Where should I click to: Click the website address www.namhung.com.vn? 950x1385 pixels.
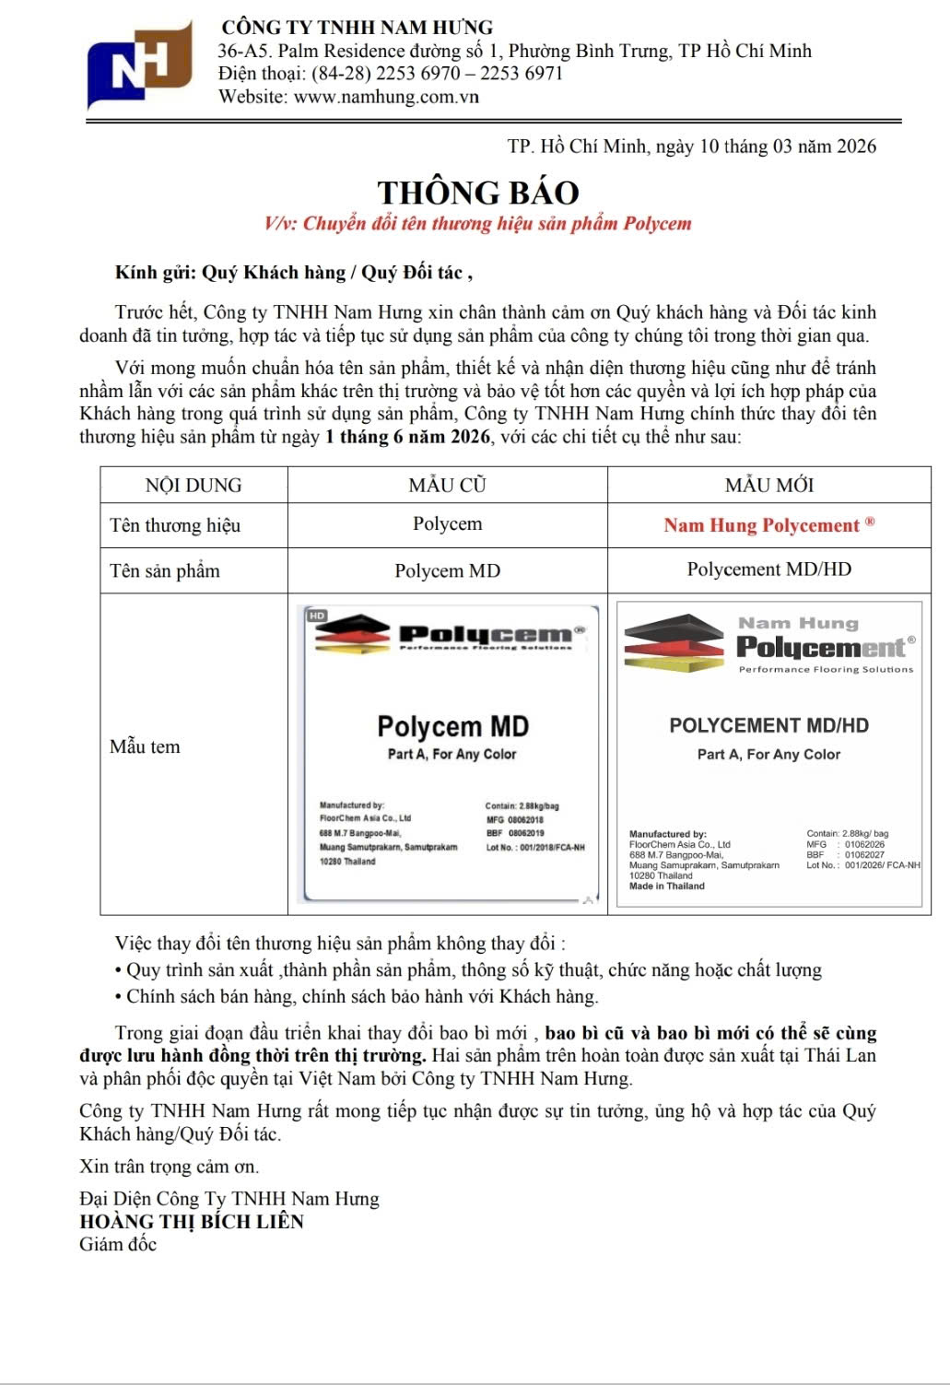[x=386, y=97]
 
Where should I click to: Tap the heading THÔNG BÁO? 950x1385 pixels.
[x=478, y=193]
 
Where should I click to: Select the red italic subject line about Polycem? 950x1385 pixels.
[x=477, y=223]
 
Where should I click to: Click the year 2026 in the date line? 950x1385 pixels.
[x=856, y=146]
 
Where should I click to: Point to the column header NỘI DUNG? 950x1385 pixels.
[x=194, y=485]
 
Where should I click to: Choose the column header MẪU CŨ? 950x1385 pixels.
[x=447, y=485]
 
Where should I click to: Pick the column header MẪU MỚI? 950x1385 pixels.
[x=768, y=485]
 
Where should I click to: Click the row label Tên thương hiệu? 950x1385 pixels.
[x=175, y=525]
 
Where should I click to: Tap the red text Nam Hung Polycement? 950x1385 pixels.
[x=761, y=525]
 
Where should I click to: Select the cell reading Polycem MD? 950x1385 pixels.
[x=447, y=570]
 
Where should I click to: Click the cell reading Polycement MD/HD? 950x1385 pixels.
[x=768, y=569]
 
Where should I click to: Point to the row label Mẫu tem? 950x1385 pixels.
[x=145, y=746]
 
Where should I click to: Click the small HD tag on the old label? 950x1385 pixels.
[x=317, y=615]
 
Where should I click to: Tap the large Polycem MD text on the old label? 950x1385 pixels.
[x=452, y=726]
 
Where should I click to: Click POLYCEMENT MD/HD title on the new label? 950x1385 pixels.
[x=768, y=725]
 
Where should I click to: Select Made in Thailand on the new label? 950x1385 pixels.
[x=666, y=886]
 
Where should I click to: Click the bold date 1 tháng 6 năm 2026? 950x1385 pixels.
[x=407, y=436]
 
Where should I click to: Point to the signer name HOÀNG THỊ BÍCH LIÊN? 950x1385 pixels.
[x=192, y=1222]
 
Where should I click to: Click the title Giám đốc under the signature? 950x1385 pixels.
[x=118, y=1244]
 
